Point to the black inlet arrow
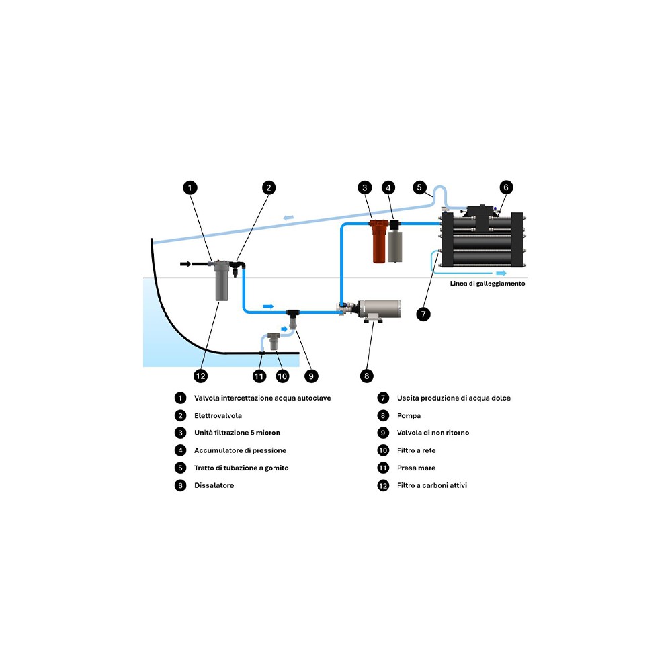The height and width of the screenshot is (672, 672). click(184, 263)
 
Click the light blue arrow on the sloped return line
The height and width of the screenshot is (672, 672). click(288, 216)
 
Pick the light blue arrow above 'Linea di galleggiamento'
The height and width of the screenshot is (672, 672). click(501, 274)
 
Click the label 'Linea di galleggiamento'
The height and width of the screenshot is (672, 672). click(488, 284)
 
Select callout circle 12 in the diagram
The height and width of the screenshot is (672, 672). click(200, 376)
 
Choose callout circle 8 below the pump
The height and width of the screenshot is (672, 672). click(366, 376)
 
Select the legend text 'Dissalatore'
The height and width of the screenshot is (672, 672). click(214, 485)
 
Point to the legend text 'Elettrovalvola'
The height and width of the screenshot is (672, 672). click(218, 415)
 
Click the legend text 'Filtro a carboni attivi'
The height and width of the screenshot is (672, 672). click(431, 485)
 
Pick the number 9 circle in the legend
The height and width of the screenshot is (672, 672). click(383, 433)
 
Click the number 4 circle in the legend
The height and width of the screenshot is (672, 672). click(180, 450)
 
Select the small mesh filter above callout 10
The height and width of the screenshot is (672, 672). click(274, 341)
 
